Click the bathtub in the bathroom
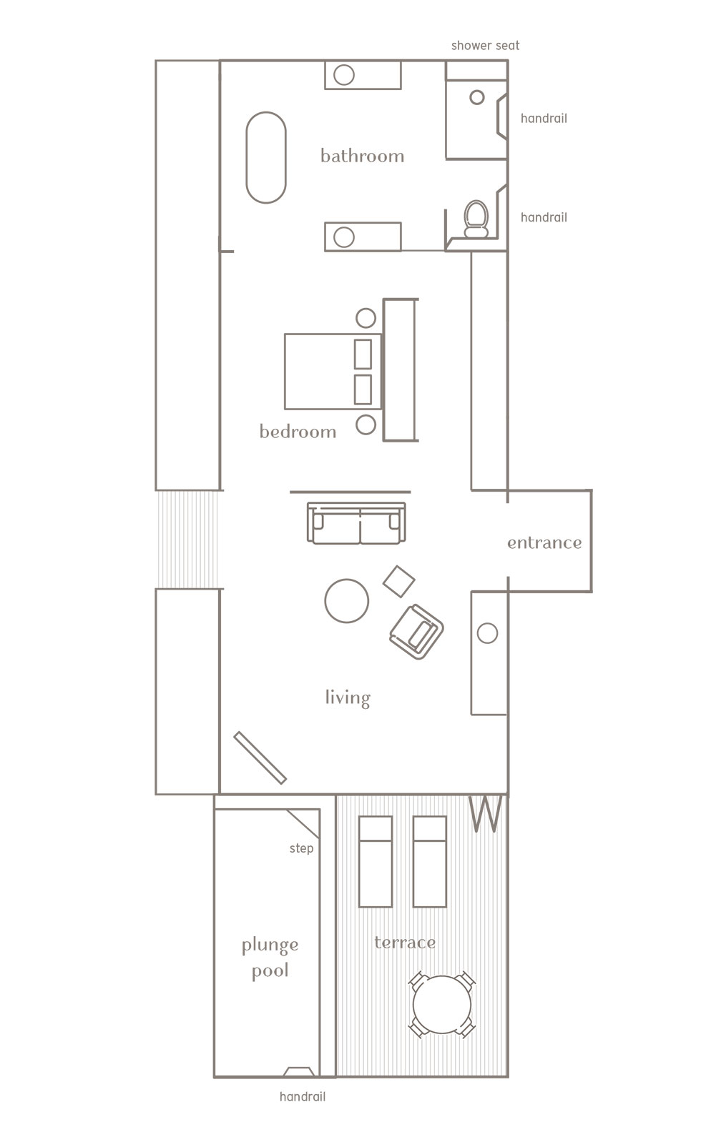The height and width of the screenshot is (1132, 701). click(266, 158)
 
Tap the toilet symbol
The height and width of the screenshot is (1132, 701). click(476, 218)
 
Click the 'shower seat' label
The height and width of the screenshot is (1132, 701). click(485, 46)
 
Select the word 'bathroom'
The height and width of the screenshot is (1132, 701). click(362, 156)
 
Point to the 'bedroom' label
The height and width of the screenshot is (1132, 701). click(298, 432)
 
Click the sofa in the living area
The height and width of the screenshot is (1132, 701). click(356, 523)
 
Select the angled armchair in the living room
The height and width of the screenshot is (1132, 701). click(416, 629)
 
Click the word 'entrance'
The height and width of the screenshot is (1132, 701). click(544, 542)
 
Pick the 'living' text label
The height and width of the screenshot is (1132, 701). click(348, 697)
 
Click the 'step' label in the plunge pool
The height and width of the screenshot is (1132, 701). click(301, 848)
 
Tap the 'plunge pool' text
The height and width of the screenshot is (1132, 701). click(270, 958)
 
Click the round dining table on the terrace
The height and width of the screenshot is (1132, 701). click(442, 1003)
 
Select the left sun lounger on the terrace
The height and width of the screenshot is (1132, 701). click(376, 861)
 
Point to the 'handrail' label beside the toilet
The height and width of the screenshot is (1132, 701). click(544, 217)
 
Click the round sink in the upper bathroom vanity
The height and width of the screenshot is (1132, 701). click(344, 74)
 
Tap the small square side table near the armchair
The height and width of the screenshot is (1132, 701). click(399, 580)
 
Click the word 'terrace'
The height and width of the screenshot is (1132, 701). click(405, 943)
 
